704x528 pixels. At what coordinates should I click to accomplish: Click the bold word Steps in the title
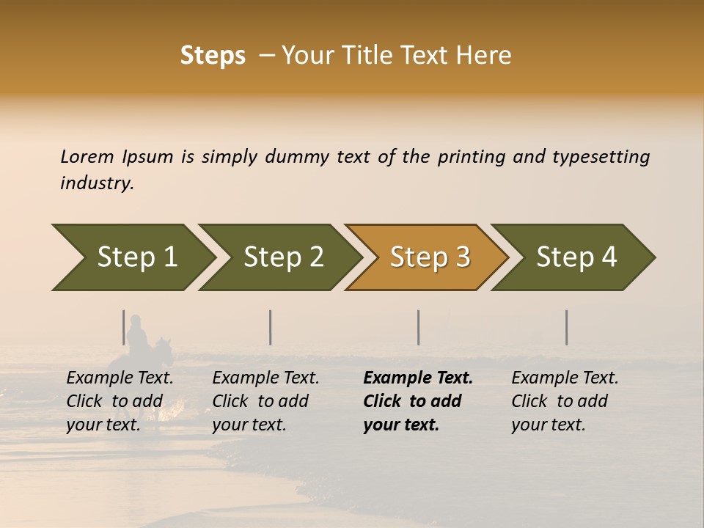click(x=213, y=56)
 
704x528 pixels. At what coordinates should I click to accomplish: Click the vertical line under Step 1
click(x=124, y=327)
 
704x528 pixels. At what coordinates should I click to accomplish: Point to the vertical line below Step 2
click(x=271, y=327)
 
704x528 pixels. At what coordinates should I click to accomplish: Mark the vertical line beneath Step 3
click(x=418, y=327)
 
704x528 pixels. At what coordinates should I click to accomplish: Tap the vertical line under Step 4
click(x=566, y=327)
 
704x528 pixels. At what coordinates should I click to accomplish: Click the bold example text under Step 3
click(x=417, y=401)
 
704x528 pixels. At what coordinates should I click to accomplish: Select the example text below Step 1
click(x=120, y=401)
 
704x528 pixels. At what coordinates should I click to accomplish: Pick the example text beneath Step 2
click(x=265, y=401)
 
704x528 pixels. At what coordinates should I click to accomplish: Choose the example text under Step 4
click(x=565, y=401)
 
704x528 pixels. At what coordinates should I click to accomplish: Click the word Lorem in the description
click(x=87, y=156)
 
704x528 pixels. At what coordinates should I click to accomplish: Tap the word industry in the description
click(x=97, y=183)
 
